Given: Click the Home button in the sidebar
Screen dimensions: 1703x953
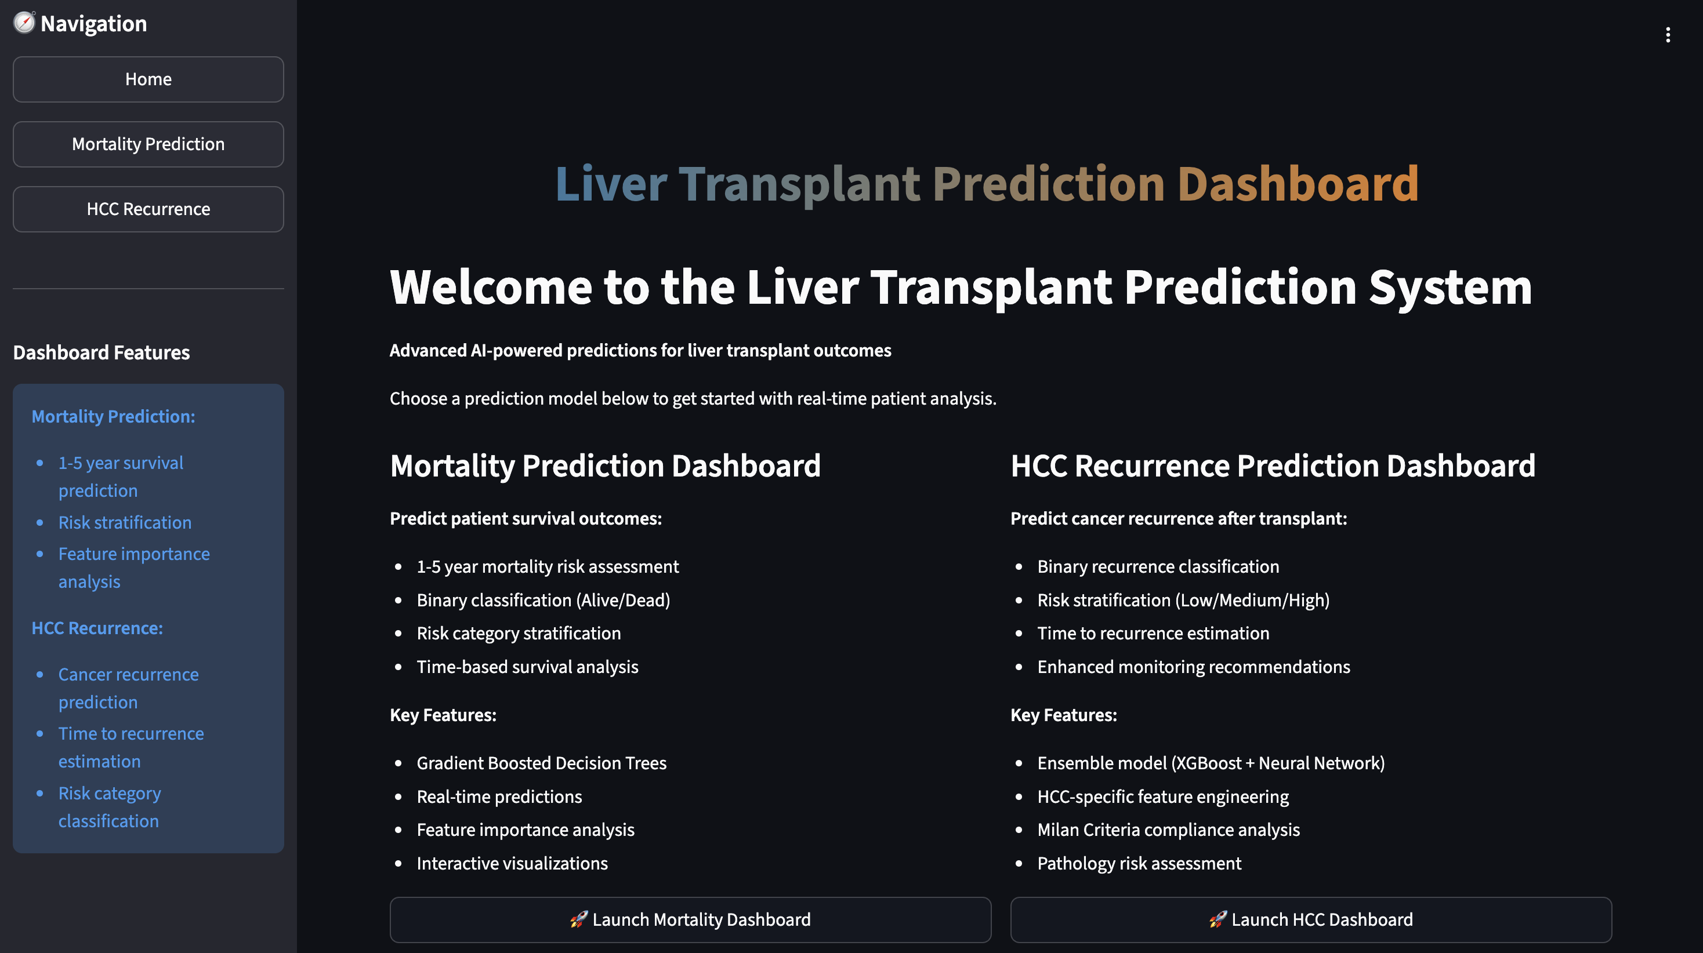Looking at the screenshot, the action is (148, 79).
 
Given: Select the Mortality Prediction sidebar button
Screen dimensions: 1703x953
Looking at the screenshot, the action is (148, 144).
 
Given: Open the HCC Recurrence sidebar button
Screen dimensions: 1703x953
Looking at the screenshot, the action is (148, 209).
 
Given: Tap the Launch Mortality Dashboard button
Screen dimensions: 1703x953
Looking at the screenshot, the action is (690, 919).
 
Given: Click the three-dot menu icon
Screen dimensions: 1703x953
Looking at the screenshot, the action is (1668, 35).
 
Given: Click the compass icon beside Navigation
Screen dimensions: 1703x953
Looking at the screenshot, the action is (24, 23).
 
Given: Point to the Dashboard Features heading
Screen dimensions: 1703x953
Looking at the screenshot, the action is (101, 352).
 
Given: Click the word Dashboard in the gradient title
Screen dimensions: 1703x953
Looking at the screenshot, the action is (1298, 183).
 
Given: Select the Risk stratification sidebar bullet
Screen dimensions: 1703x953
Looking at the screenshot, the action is (125, 522).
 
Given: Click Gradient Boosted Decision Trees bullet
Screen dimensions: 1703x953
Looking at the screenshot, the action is (541, 763).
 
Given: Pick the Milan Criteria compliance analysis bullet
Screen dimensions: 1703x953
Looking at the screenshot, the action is (1168, 830).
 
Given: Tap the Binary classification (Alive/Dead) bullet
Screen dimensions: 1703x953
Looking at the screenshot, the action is (543, 600).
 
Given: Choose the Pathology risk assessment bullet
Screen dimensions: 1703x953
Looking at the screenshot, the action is (1139, 863).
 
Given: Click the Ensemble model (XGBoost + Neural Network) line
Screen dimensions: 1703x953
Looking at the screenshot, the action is (1211, 763).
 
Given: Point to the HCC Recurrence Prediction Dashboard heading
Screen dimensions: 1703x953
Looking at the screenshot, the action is (1273, 465).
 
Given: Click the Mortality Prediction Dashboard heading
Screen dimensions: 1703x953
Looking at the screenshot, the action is (605, 465).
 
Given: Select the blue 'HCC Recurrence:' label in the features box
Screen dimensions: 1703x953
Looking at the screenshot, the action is (97, 628).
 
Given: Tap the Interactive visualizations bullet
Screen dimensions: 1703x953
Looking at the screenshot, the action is (512, 863).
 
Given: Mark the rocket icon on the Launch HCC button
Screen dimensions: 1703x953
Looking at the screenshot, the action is (1218, 919).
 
